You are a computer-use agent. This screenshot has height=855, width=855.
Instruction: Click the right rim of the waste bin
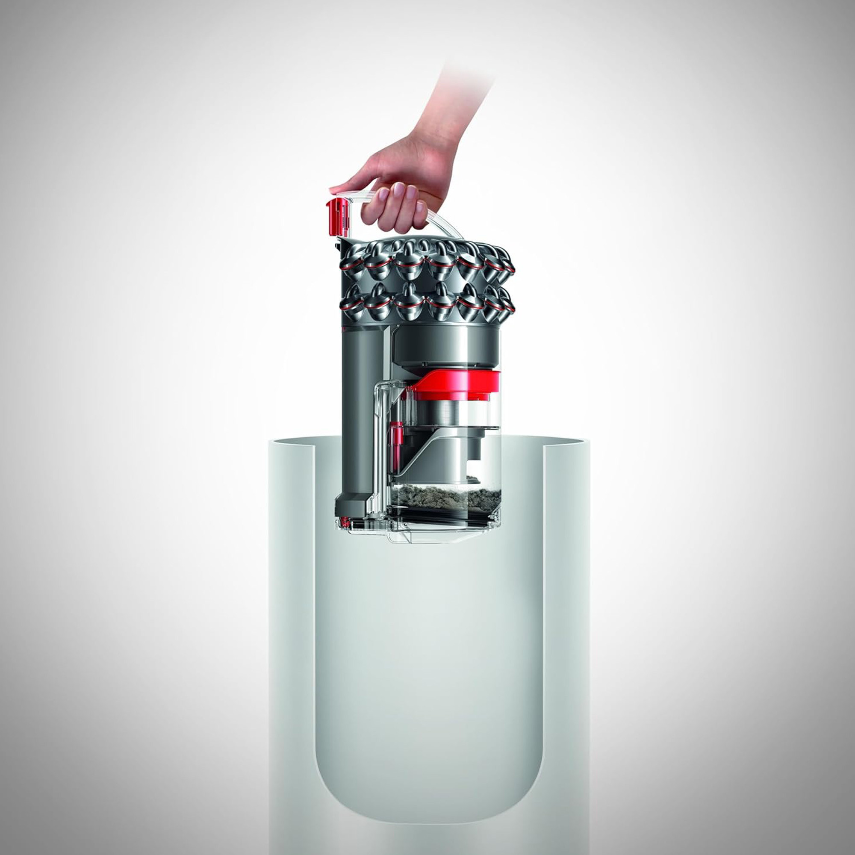point(566,442)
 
